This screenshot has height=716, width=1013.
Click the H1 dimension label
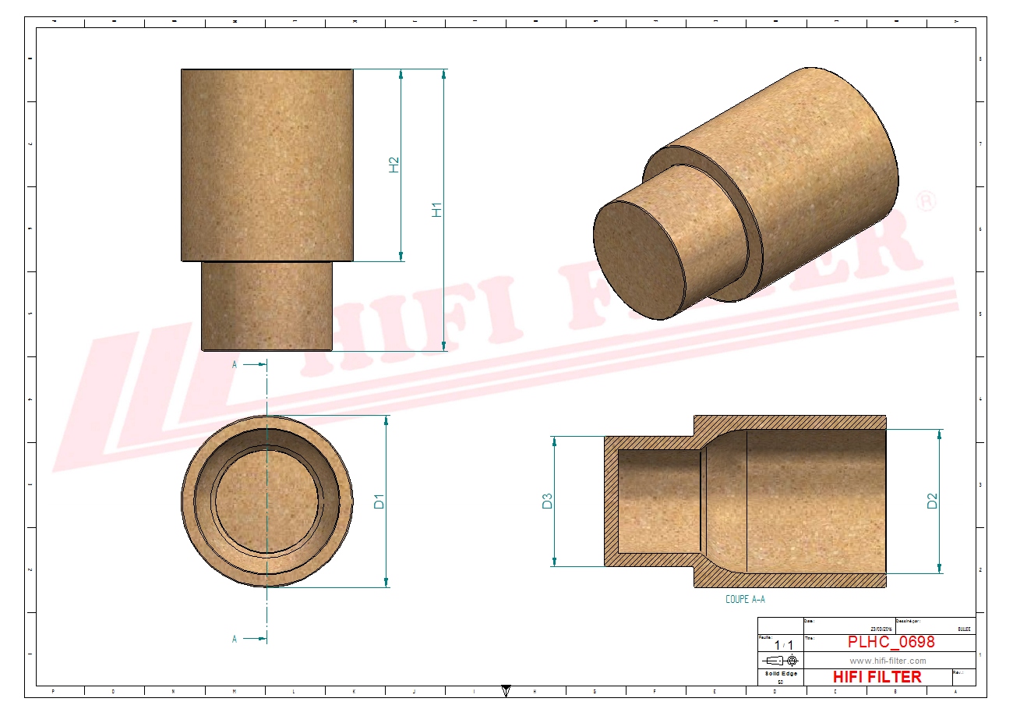click(437, 209)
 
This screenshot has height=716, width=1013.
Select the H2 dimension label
click(394, 165)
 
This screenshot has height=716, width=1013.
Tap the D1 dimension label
click(379, 501)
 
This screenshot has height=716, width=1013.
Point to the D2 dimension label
click(932, 501)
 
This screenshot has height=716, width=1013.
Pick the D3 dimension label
click(547, 501)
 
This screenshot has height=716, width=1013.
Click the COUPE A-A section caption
click(745, 600)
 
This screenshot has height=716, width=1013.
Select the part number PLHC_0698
click(891, 642)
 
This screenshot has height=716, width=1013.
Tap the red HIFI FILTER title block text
click(877, 677)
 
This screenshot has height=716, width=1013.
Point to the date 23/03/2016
click(881, 628)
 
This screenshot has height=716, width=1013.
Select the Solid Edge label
click(780, 674)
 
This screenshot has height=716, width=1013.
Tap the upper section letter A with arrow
click(235, 363)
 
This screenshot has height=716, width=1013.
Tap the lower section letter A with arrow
click(235, 639)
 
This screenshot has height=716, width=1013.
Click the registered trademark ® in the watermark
click(926, 200)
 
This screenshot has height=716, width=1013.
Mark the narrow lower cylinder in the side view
click(267, 306)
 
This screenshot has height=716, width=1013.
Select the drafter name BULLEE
click(964, 628)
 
